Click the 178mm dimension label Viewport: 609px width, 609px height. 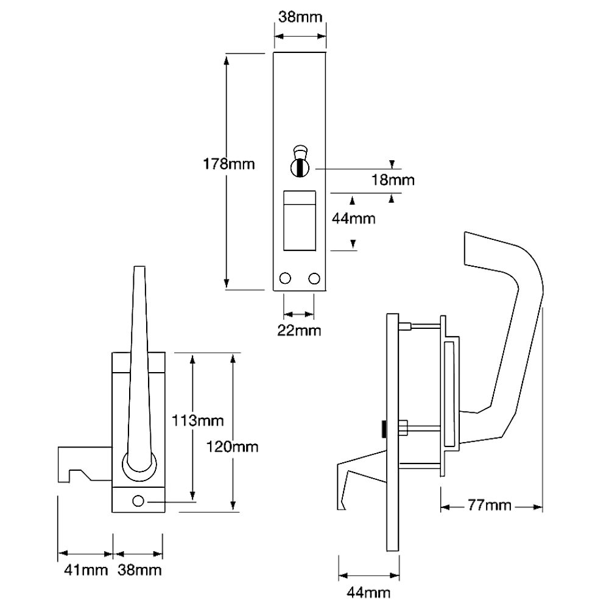pyautogui.click(x=229, y=164)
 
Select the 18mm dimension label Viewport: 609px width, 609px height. pyautogui.click(x=393, y=180)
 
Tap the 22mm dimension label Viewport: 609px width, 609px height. pyautogui.click(x=299, y=331)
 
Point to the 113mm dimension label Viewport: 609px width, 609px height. pyautogui.click(x=198, y=421)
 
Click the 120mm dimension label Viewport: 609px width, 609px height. pyautogui.click(x=232, y=446)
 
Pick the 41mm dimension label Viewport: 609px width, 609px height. pyautogui.click(x=86, y=570)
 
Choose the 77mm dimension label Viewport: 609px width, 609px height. pyautogui.click(x=490, y=505)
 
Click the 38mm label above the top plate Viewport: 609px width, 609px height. pyautogui.click(x=300, y=17)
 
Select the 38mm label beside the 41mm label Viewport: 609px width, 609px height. pyautogui.click(x=139, y=570)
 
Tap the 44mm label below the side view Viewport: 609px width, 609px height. pyautogui.click(x=368, y=593)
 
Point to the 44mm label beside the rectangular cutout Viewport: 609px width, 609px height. pyautogui.click(x=353, y=219)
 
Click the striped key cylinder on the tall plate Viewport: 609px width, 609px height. pyautogui.click(x=300, y=168)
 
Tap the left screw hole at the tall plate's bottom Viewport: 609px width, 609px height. pyautogui.click(x=285, y=278)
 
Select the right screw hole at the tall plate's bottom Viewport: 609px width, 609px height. pyautogui.click(x=314, y=278)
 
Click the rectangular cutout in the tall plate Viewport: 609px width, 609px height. pyautogui.click(x=300, y=220)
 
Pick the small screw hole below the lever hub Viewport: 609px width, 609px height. pyautogui.click(x=138, y=501)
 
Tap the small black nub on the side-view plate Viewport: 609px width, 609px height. pyautogui.click(x=384, y=428)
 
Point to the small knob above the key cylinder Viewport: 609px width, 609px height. pyautogui.click(x=300, y=151)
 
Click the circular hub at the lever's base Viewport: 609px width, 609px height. pyautogui.click(x=140, y=466)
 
